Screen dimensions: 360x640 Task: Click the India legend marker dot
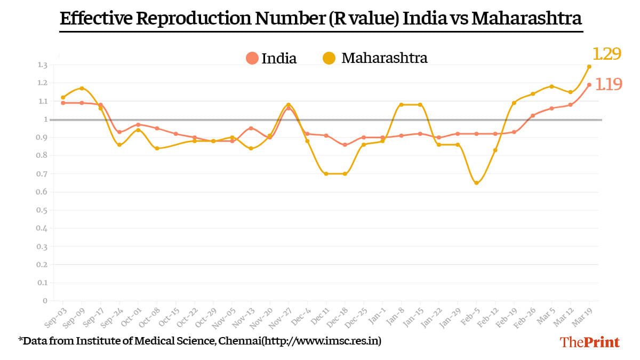(252, 58)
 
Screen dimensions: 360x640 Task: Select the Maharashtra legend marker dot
(330, 58)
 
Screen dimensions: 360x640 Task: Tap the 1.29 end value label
(607, 53)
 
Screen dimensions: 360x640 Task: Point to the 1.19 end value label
(608, 84)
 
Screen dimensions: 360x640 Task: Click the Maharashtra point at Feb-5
(476, 183)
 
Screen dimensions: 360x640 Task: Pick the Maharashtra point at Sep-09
(82, 88)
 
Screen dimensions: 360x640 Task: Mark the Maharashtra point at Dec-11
(326, 174)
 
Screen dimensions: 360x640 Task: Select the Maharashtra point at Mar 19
(589, 67)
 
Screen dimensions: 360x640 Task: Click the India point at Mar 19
(589, 84)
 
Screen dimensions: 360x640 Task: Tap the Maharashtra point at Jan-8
(401, 105)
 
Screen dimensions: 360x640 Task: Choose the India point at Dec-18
(345, 145)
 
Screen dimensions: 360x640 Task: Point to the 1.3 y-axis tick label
(43, 65)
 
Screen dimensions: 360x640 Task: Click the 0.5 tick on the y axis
(43, 210)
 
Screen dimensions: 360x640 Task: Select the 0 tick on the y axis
(45, 301)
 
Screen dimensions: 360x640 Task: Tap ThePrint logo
(590, 342)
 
